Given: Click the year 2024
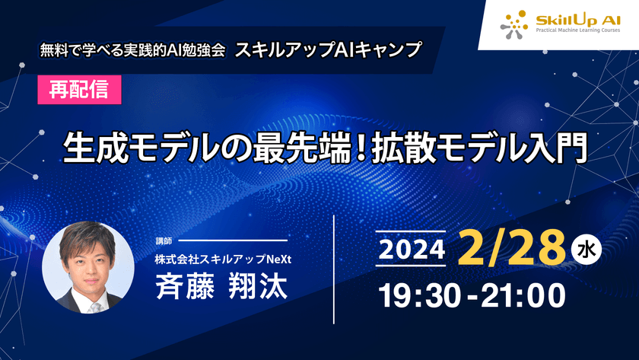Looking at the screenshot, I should pos(412,248).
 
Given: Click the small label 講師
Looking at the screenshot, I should pos(164,241).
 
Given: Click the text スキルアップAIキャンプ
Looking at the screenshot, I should pos(328,50).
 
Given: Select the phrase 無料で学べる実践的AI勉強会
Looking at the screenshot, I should pos(133,51).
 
